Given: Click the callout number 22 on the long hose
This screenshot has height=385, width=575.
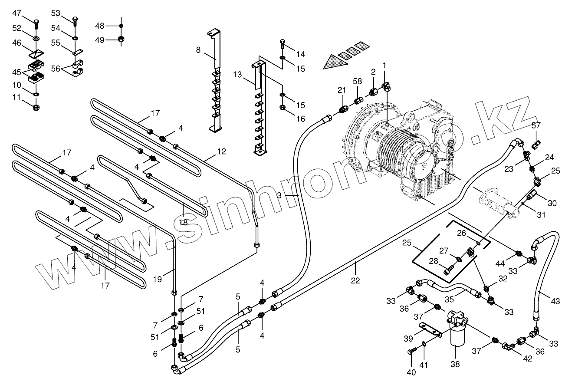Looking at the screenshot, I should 355,280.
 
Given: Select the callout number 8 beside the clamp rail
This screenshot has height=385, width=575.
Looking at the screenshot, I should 198,50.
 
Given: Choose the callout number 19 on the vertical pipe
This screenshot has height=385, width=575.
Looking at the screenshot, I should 157,280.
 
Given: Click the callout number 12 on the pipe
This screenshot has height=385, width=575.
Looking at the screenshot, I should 222,151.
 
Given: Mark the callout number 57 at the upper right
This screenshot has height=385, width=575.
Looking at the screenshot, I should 536,125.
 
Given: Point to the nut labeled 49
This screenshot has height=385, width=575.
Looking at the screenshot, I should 121,40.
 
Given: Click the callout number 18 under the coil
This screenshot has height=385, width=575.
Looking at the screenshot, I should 183,221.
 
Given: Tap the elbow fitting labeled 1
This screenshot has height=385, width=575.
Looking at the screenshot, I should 384,86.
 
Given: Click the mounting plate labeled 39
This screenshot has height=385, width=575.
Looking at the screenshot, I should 429,329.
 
